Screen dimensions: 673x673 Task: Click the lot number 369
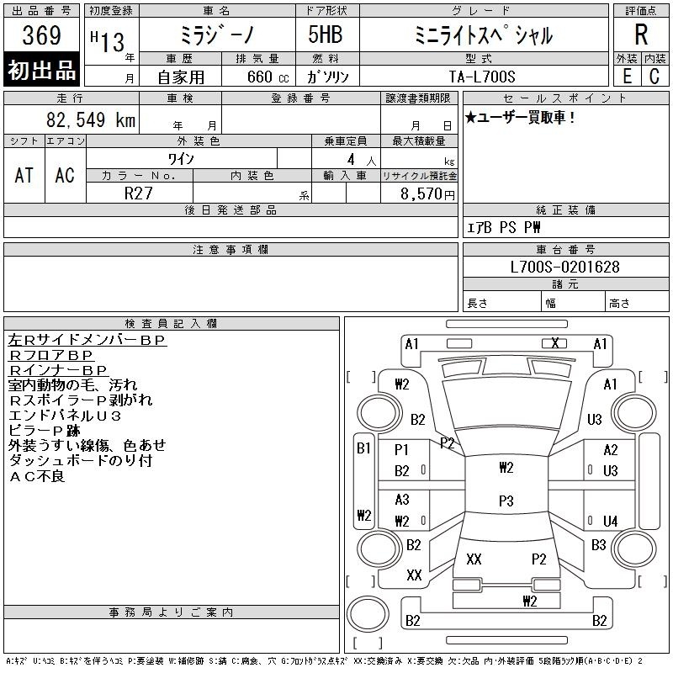tap(41, 36)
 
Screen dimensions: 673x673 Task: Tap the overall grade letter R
tap(640, 35)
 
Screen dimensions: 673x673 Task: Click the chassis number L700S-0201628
tap(565, 267)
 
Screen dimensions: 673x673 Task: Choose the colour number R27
tap(139, 193)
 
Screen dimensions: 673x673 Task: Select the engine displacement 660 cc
tap(252, 77)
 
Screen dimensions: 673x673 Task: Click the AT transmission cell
tap(24, 175)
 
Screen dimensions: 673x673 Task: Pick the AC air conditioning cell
tap(65, 175)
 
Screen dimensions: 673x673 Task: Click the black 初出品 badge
tap(42, 71)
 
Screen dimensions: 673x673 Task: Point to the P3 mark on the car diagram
tap(506, 501)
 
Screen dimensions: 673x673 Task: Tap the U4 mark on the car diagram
tap(611, 522)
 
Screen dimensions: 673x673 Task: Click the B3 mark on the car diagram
tap(598, 545)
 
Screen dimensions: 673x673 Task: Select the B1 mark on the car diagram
tap(363, 448)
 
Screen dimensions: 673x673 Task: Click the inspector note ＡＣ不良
tap(36, 476)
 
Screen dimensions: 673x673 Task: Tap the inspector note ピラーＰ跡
tap(44, 431)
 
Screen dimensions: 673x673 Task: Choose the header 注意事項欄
tap(231, 250)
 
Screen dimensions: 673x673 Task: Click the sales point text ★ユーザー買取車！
tap(521, 118)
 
